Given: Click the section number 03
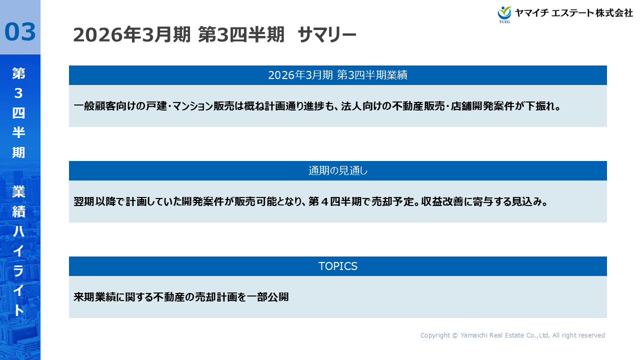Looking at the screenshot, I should pos(20,31).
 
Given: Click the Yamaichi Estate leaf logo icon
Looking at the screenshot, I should pos(504,13).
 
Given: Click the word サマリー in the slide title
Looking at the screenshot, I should pos(326,35).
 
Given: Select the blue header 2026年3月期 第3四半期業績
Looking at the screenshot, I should pos(337,75).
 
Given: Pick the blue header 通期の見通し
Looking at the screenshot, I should pos(337,171).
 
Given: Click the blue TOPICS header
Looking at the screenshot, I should pos(337,266).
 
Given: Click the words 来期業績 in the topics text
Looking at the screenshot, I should pos(94,297).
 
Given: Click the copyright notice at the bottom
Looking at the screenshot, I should pos(512,335).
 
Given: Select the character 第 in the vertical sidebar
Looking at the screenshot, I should pos(18,74).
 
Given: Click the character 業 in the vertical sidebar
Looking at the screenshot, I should pos(18,192).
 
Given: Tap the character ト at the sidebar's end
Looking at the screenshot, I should pos(18,310).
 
